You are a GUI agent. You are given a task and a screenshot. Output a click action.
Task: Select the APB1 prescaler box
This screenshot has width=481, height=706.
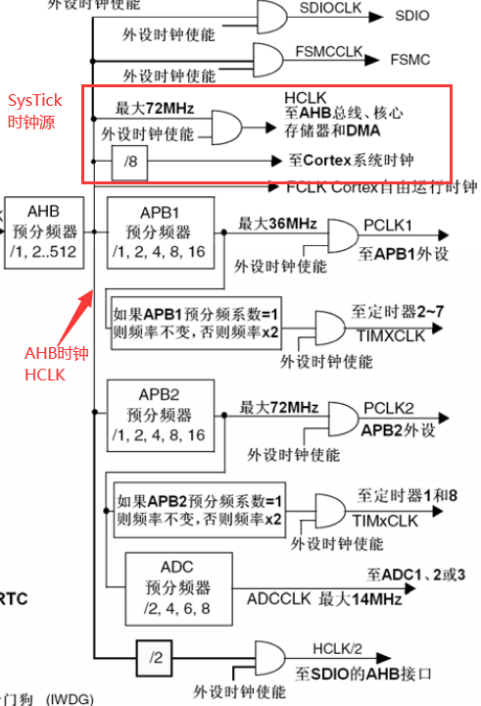pyautogui.click(x=158, y=233)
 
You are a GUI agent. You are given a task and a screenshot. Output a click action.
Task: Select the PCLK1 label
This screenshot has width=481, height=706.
pyautogui.click(x=390, y=225)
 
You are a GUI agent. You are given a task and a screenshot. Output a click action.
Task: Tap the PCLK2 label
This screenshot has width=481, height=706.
pyautogui.click(x=390, y=407)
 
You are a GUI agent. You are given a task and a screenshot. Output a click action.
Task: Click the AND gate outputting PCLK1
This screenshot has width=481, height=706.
pyautogui.click(x=342, y=237)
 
